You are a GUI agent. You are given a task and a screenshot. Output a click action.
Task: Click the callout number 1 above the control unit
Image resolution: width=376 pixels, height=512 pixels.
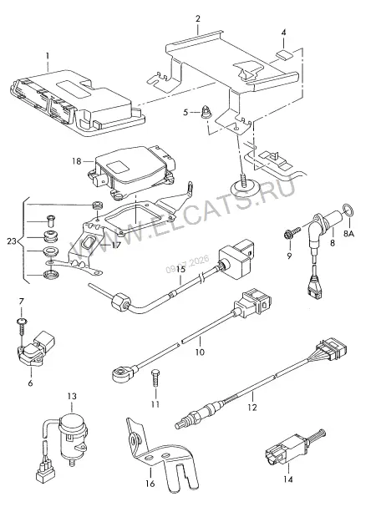pyautogui.click(x=48, y=55)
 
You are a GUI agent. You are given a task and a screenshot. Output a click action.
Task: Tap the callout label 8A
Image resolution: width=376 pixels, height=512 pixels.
pyautogui.click(x=348, y=234)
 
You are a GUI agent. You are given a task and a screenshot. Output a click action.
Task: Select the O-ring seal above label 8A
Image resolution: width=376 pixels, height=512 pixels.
pyautogui.click(x=348, y=210)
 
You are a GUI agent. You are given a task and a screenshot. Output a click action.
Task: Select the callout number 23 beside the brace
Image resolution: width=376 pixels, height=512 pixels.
pyautogui.click(x=12, y=241)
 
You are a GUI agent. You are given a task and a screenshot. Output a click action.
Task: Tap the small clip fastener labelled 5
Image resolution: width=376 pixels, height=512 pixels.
pyautogui.click(x=206, y=112)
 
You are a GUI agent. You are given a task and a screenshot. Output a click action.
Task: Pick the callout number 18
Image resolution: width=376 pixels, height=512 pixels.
pyautogui.click(x=76, y=161)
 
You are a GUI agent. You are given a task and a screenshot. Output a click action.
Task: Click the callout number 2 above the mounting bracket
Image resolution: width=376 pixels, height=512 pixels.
pyautogui.click(x=198, y=18)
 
